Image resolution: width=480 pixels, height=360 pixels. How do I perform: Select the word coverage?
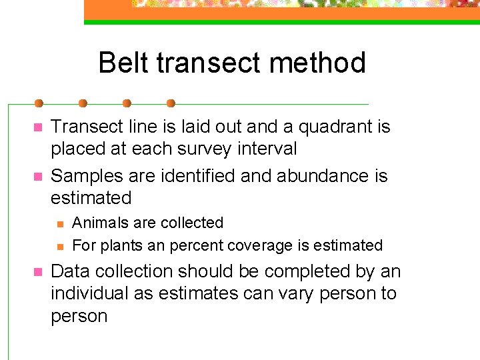[259, 246]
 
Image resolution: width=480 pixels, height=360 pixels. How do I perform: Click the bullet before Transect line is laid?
[38, 127]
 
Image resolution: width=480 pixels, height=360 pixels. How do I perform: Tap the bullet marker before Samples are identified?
[38, 177]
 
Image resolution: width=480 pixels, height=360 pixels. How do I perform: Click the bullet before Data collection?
[38, 272]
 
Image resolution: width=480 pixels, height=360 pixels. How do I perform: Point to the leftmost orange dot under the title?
[39, 103]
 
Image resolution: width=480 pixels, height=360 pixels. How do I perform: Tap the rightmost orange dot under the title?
[171, 103]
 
